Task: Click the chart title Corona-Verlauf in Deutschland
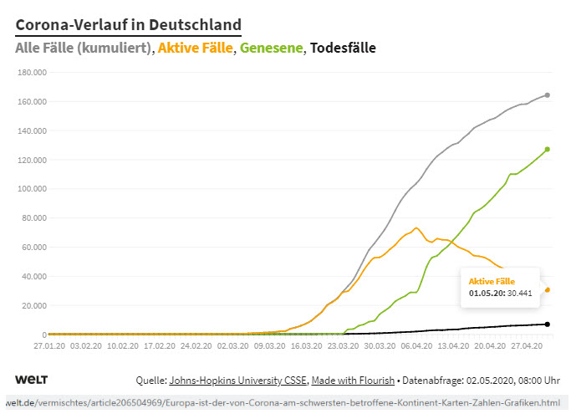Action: point(128,25)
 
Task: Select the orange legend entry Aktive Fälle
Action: point(197,49)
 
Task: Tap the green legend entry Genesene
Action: point(271,49)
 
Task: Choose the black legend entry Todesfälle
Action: point(342,49)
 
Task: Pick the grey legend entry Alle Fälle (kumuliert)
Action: point(84,49)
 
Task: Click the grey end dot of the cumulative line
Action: point(548,95)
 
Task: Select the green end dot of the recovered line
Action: point(548,149)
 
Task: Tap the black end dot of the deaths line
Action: point(548,324)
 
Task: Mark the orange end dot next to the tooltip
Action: point(548,290)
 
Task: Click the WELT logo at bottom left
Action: point(31,381)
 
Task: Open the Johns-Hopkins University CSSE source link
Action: point(237,381)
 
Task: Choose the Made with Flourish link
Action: point(353,381)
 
